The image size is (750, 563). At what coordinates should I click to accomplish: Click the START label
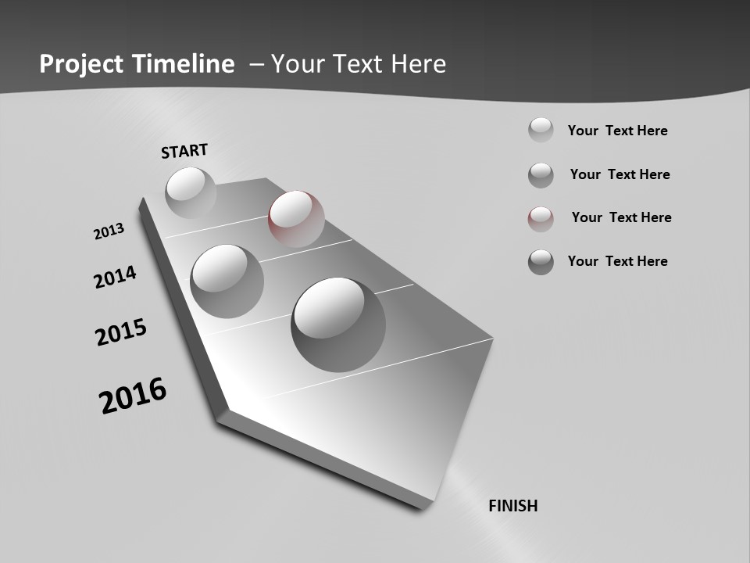[x=184, y=151]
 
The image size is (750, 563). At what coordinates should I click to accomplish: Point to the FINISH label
[x=512, y=506]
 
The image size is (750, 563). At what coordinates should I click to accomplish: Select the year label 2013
[x=109, y=231]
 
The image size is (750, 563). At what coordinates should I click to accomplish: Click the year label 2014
[x=116, y=278]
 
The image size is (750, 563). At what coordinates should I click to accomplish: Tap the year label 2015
[x=121, y=332]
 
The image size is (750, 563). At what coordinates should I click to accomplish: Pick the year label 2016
[x=133, y=395]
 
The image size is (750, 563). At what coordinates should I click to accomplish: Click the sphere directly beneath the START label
[x=191, y=192]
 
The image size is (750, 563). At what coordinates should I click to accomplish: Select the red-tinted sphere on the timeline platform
[x=296, y=218]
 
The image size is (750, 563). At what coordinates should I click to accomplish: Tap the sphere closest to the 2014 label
[x=227, y=281]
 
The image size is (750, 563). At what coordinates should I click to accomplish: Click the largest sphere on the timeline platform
[x=338, y=324]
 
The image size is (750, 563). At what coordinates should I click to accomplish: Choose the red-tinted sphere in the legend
[x=541, y=219]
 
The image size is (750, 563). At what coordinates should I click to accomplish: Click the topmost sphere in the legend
[x=541, y=130]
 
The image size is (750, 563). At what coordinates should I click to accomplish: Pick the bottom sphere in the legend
[x=541, y=262]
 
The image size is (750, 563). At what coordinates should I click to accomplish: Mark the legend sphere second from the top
[x=541, y=175]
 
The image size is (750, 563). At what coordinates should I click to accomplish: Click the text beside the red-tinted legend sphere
[x=621, y=217]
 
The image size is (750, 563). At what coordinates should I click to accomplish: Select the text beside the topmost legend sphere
[x=617, y=131]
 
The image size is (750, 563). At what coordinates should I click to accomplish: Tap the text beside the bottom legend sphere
[x=617, y=261]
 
